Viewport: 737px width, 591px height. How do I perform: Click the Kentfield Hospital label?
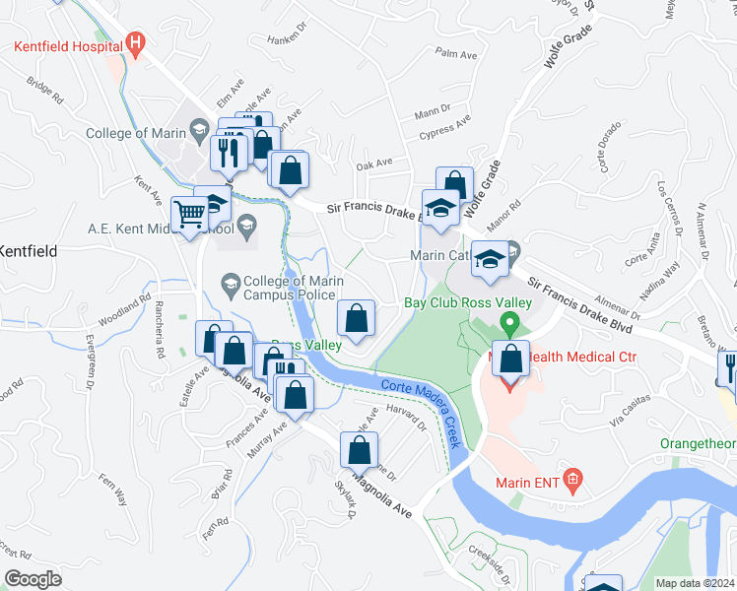pyautogui.click(x=67, y=44)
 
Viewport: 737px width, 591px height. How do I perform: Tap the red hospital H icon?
pyautogui.click(x=136, y=43)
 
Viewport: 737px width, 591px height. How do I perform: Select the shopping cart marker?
pyautogui.click(x=189, y=213)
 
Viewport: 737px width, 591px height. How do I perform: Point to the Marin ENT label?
pyautogui.click(x=532, y=481)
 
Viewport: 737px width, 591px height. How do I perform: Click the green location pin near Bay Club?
pyautogui.click(x=509, y=322)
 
